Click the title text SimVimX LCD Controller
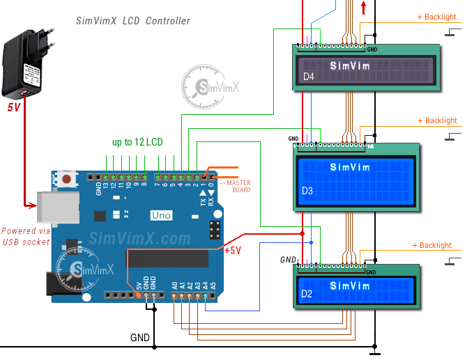point(132,21)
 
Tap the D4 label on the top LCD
point(309,77)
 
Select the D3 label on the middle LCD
point(307,190)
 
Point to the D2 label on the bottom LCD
point(307,295)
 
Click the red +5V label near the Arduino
point(232,251)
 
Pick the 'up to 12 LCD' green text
point(137,142)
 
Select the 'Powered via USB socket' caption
point(26,236)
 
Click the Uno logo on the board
point(161,215)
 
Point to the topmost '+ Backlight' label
point(436,17)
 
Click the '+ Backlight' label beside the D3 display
point(437,121)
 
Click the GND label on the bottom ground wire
point(140,337)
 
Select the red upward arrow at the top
point(363,8)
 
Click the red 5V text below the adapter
point(14,108)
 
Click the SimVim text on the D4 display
point(350,66)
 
